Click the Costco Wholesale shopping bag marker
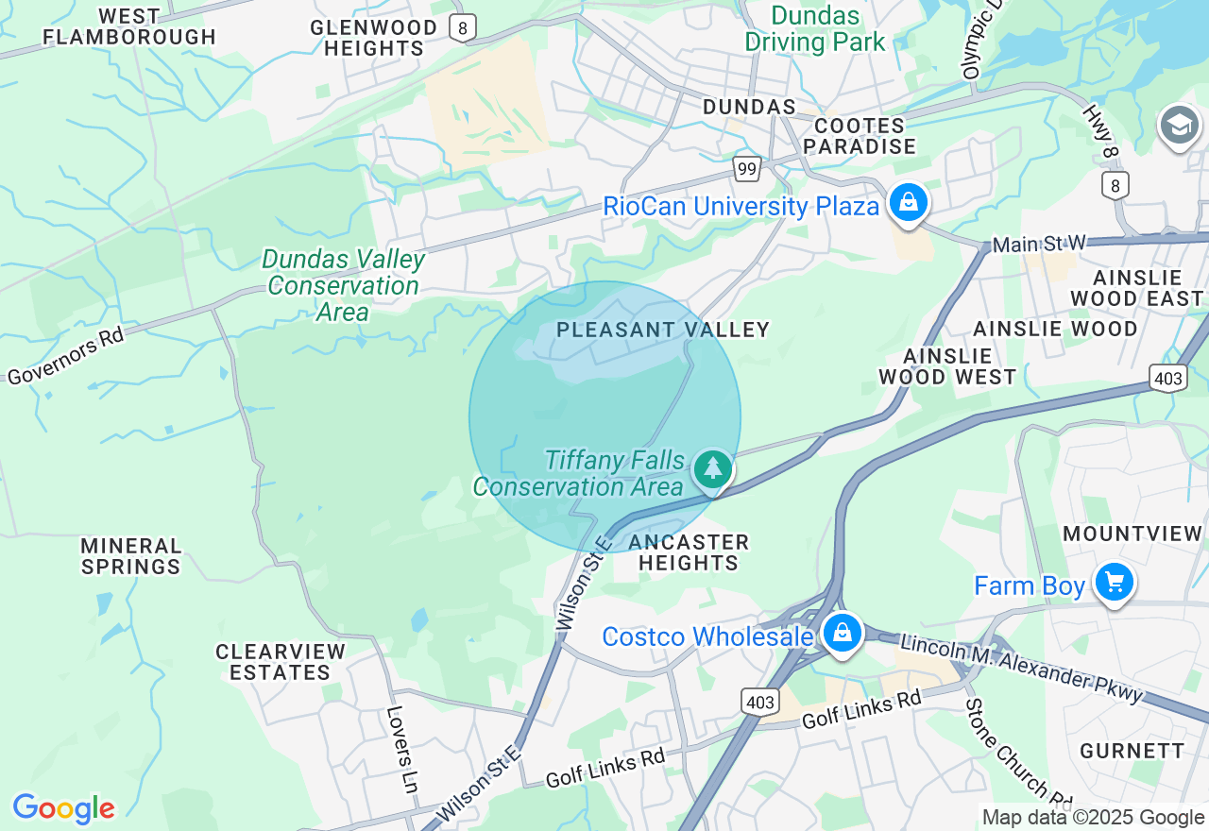coord(841,633)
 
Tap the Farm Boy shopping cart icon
coord(1115,582)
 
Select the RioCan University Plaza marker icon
coord(908,202)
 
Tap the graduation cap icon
coord(1179,126)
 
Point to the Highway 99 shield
coord(747,169)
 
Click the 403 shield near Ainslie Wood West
coord(1168,379)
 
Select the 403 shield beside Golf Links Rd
coord(760,702)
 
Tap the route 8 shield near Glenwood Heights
coord(461,28)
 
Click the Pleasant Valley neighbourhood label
coord(663,330)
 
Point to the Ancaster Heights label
coord(689,552)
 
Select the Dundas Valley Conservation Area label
coord(343,285)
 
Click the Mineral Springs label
coord(131,556)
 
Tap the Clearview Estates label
coord(281,662)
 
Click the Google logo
coord(63,808)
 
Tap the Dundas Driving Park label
coord(815,28)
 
